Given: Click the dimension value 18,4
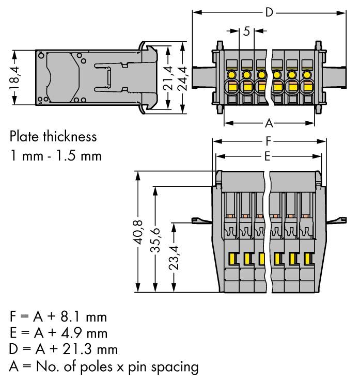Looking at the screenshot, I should [15, 77].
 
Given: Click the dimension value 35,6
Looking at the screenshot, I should [154, 239].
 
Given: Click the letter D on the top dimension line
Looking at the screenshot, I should [269, 12].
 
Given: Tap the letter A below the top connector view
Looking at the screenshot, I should [269, 123].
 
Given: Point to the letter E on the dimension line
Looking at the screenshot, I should [268, 156].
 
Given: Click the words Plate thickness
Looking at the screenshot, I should [53, 137].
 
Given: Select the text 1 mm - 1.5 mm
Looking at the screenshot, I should [56, 155].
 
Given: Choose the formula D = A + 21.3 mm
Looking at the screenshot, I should [63, 349].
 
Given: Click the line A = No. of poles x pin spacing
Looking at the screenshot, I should [104, 366].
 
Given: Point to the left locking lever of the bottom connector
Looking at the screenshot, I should [201, 221].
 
